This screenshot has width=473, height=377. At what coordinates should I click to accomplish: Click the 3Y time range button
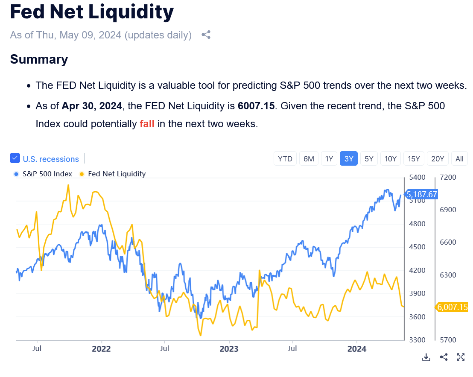349,159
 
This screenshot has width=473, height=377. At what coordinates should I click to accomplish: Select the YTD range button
285,159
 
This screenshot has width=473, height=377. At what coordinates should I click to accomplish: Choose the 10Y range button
391,159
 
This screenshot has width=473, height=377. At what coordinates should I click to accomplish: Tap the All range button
459,159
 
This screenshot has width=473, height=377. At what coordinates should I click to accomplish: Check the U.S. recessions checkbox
15,158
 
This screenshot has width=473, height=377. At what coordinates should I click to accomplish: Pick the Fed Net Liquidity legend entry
117,174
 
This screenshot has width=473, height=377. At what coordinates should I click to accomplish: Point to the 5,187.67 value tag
421,195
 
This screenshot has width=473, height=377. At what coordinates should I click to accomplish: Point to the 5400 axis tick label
418,177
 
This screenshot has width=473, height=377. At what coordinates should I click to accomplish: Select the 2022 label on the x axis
101,349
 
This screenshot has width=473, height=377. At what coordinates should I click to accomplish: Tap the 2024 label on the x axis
357,349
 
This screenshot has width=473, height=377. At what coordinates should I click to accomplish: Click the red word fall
147,124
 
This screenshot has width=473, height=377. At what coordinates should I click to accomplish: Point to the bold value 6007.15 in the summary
256,105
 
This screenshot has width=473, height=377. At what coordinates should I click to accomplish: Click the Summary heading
39,59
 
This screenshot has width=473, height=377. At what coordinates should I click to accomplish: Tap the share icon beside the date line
206,35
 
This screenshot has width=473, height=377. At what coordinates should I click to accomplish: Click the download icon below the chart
426,357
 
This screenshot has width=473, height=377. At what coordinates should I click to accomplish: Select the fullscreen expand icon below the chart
461,357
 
